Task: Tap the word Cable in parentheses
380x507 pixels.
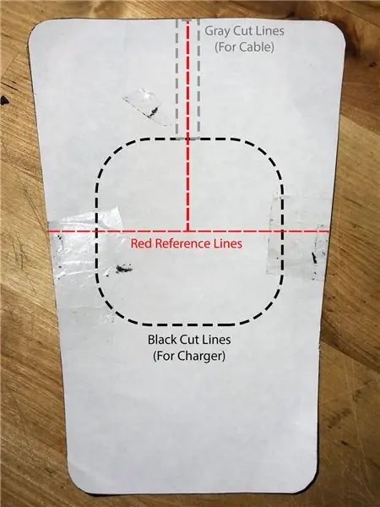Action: (x=255, y=47)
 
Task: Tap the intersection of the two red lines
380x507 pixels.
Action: (x=187, y=231)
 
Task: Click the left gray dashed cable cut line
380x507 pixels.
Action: (x=176, y=78)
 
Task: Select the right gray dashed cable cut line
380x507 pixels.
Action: (x=198, y=78)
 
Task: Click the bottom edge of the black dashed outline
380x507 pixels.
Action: (x=190, y=324)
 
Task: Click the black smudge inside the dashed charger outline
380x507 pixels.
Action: (x=124, y=268)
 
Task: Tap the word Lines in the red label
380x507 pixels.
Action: (x=229, y=243)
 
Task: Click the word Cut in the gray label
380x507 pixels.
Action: (x=242, y=31)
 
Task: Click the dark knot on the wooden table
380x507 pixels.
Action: (x=4, y=101)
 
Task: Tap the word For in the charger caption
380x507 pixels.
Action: (x=164, y=356)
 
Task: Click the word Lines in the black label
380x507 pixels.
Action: (x=216, y=340)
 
